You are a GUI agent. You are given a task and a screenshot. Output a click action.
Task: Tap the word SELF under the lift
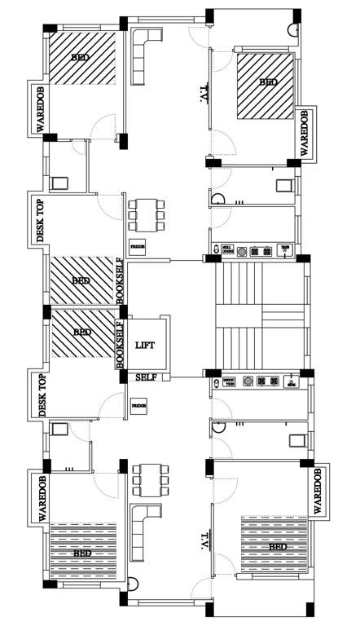(147, 377)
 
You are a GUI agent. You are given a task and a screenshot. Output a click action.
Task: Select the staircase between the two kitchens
(257, 318)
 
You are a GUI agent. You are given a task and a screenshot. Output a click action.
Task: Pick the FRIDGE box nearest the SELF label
(138, 405)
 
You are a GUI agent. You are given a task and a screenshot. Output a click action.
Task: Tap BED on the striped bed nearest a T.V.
(277, 546)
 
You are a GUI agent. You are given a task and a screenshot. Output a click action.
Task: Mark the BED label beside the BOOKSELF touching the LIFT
(81, 333)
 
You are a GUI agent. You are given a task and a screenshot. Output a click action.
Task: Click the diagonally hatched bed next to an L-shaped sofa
(81, 57)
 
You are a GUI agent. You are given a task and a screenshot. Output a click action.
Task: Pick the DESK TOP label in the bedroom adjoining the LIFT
(42, 395)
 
